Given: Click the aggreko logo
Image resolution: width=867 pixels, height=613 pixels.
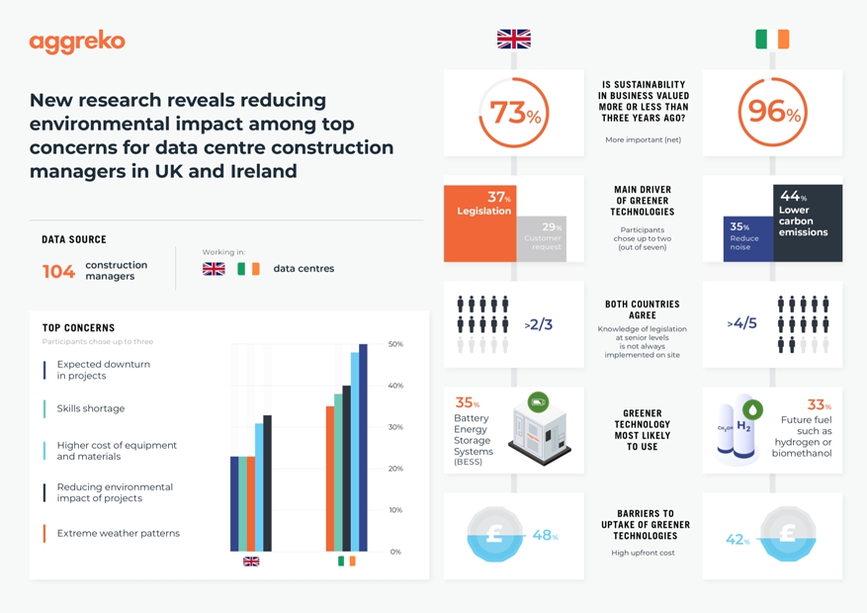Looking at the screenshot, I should click(x=77, y=43).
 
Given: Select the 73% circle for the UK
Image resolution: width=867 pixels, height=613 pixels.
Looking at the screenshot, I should click(x=513, y=113).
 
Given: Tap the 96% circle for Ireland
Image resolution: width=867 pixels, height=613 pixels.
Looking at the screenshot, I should click(x=772, y=112).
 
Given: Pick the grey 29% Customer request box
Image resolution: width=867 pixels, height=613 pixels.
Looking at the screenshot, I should click(x=541, y=238).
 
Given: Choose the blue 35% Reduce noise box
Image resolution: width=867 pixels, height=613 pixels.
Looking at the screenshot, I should click(x=747, y=238).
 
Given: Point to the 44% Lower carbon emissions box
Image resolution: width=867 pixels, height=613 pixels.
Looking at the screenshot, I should click(x=808, y=221).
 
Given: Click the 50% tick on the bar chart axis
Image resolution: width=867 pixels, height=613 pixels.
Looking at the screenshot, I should click(x=395, y=344).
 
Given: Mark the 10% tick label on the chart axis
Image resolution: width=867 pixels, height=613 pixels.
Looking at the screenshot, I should click(x=395, y=510).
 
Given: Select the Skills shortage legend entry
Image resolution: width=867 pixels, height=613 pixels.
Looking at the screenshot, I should click(x=90, y=408).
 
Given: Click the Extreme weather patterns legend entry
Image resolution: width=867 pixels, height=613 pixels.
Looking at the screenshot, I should click(x=118, y=533).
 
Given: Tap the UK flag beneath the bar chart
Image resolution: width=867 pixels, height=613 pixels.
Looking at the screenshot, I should click(x=251, y=562).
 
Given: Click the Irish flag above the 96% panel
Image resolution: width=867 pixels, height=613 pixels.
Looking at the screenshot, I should click(x=772, y=40).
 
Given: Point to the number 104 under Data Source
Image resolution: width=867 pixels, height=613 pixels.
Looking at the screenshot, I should click(x=58, y=272).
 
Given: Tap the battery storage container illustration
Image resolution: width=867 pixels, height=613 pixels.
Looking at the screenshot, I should click(x=539, y=430).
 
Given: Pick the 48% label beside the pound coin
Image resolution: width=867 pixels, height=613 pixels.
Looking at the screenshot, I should click(x=545, y=536).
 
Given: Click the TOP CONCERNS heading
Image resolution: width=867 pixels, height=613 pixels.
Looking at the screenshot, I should click(x=78, y=327).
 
